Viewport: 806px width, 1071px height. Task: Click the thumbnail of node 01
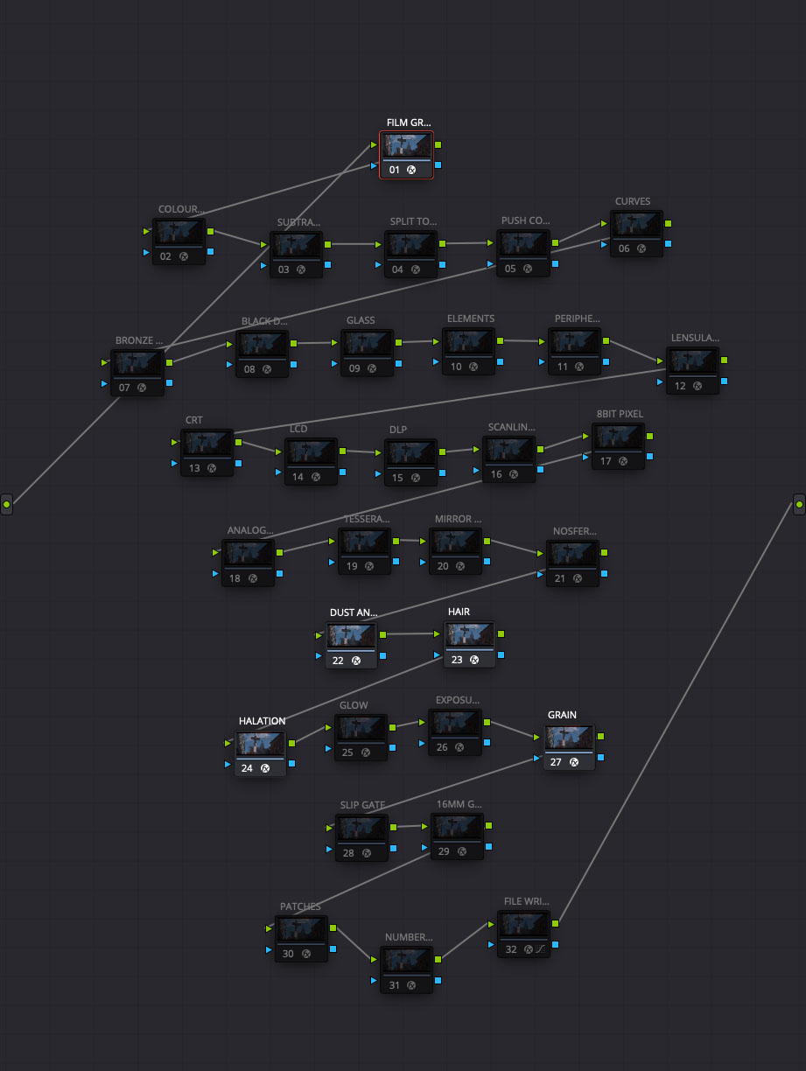click(x=406, y=145)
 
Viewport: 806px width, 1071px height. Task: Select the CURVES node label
click(x=633, y=201)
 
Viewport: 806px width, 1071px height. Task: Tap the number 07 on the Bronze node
click(x=123, y=387)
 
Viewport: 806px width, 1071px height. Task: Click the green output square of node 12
click(x=724, y=360)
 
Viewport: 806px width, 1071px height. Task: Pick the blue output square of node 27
click(x=599, y=757)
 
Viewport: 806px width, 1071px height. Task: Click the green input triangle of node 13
click(x=174, y=442)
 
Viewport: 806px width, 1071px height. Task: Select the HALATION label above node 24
click(x=262, y=721)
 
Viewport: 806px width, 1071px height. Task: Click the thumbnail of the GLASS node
click(x=367, y=343)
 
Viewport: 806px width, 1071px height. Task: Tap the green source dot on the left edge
click(x=6, y=505)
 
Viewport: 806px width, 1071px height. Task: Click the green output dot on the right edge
click(x=799, y=504)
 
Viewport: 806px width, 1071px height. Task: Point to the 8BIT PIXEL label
click(x=620, y=414)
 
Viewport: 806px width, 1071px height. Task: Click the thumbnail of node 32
click(x=524, y=924)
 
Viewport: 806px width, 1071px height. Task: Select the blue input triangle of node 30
click(x=269, y=949)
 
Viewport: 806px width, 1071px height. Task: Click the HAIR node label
click(x=459, y=612)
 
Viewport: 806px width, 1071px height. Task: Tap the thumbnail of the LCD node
click(x=311, y=451)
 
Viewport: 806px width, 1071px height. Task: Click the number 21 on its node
click(x=561, y=577)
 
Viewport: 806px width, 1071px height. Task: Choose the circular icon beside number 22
click(x=356, y=661)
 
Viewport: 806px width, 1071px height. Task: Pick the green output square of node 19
click(x=397, y=542)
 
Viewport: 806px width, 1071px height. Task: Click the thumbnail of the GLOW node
click(x=361, y=727)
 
